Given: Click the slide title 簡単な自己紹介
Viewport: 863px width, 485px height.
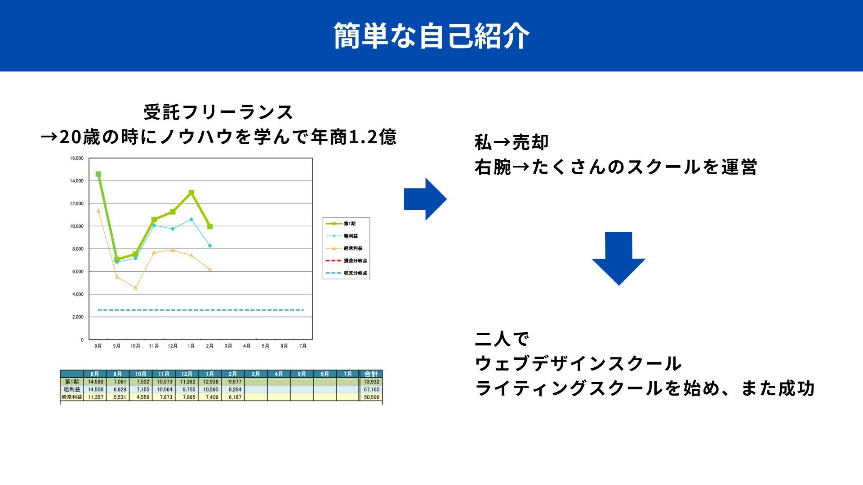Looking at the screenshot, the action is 431,36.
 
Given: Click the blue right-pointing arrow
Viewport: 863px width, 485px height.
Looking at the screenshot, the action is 425,199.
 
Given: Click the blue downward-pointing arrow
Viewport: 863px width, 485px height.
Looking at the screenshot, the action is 619,258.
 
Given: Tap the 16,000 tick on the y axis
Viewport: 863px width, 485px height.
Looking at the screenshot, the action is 77,158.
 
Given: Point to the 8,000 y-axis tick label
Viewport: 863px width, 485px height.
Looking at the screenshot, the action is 78,249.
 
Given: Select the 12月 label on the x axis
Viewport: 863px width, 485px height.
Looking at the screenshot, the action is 173,346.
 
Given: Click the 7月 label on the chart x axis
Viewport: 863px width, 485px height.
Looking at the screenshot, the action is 303,346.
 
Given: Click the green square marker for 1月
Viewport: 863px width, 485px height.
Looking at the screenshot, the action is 191,193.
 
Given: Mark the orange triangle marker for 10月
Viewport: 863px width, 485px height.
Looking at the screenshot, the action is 135,288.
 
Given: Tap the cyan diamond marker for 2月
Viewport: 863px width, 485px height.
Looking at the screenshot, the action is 210,246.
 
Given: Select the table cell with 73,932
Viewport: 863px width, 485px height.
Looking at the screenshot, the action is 371,382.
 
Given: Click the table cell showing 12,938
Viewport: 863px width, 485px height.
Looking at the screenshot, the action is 210,382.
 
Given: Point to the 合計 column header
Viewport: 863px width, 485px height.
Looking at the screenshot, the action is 371,374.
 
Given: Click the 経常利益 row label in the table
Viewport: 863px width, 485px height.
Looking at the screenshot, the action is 72,397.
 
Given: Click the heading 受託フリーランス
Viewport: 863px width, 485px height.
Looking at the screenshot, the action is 218,112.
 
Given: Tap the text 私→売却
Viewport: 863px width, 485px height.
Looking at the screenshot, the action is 512,142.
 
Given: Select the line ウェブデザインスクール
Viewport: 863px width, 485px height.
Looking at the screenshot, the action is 578,363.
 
